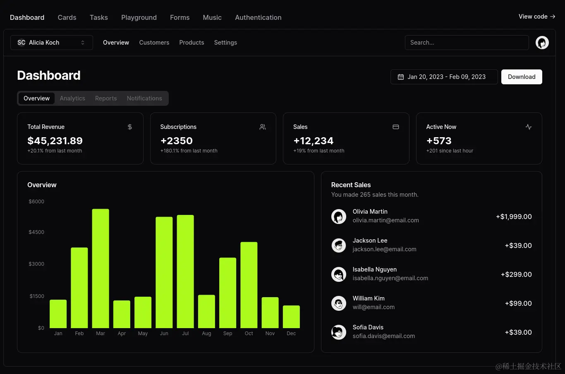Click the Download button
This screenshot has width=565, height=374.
(x=521, y=77)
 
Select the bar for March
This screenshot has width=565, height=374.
(x=101, y=269)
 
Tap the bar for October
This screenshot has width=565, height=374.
(x=249, y=285)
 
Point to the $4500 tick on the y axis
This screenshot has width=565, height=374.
(x=36, y=232)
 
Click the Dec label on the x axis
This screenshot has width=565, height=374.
(x=291, y=334)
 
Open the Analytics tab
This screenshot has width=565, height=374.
(x=72, y=98)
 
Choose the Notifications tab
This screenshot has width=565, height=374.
(x=144, y=98)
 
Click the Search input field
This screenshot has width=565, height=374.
(x=467, y=43)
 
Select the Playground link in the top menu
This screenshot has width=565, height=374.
(x=139, y=17)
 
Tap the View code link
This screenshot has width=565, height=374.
(x=536, y=17)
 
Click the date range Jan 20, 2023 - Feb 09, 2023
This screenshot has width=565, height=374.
(x=444, y=77)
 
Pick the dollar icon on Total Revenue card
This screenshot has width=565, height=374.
(x=130, y=127)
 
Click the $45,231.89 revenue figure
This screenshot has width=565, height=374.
(x=55, y=141)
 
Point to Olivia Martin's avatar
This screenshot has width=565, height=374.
(x=339, y=216)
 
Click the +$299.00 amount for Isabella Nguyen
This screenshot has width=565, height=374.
(x=516, y=274)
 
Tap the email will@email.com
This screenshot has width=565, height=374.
(x=373, y=307)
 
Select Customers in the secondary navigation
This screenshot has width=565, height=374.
(x=154, y=43)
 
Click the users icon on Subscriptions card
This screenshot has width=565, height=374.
(x=263, y=127)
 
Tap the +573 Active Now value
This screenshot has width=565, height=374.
(x=439, y=141)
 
